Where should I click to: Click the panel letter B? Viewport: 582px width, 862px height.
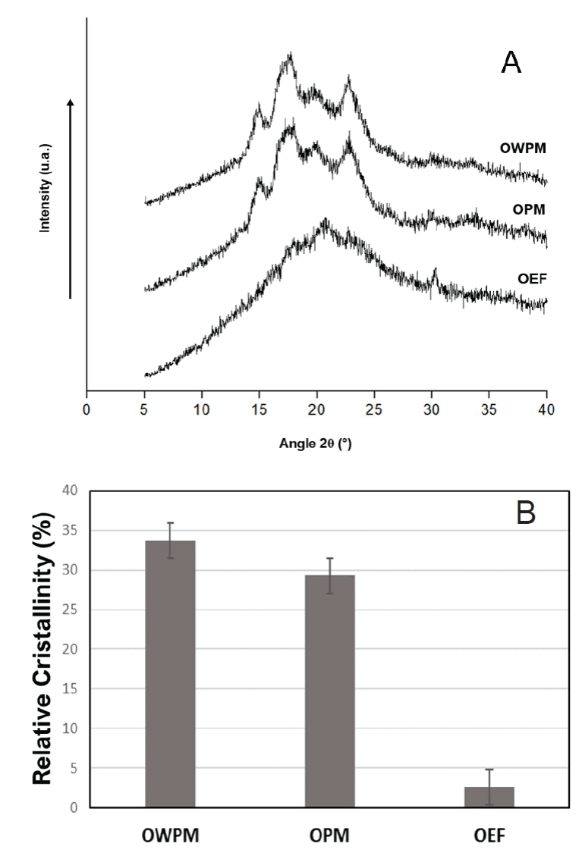(525, 513)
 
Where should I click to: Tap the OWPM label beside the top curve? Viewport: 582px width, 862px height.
(522, 148)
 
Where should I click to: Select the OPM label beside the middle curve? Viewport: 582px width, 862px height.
(530, 208)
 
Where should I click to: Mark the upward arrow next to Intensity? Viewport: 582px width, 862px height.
(71, 197)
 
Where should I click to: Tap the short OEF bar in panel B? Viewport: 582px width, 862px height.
(489, 797)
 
